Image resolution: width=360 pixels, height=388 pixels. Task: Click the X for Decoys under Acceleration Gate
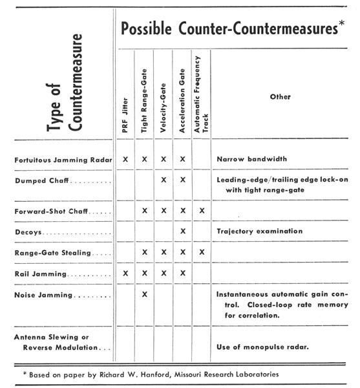[x=183, y=231]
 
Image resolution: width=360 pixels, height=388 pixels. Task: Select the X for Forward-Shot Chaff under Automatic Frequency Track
[x=202, y=211]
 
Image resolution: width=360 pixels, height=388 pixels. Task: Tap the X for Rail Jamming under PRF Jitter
[x=125, y=273]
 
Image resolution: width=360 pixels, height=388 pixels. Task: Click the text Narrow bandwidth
[x=251, y=159]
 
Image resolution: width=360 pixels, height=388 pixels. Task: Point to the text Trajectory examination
[x=259, y=231]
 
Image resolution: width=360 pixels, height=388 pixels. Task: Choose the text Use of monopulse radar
[x=262, y=347]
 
